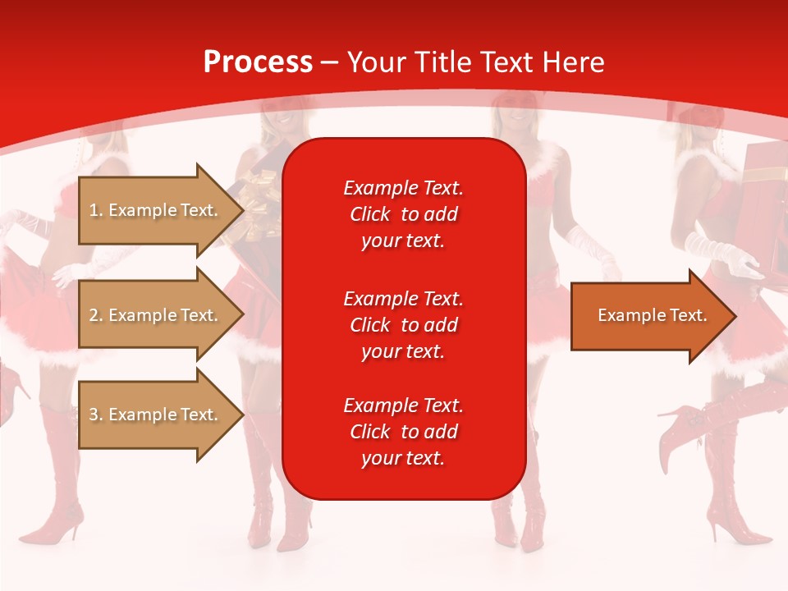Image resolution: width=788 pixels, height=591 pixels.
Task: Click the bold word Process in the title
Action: click(x=258, y=62)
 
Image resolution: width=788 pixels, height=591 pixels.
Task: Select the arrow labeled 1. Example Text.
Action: click(x=156, y=210)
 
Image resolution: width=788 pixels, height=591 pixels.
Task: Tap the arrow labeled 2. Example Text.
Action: click(x=156, y=315)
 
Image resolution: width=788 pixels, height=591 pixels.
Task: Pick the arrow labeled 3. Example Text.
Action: click(x=156, y=415)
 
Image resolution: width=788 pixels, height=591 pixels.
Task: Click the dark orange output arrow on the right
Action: click(x=648, y=316)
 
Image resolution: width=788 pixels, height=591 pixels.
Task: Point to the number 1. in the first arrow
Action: click(x=96, y=210)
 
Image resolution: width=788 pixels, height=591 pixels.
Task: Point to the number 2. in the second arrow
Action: click(x=96, y=315)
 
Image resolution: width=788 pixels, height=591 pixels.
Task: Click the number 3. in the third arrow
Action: click(x=96, y=415)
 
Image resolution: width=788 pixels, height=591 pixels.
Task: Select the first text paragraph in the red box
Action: click(x=403, y=214)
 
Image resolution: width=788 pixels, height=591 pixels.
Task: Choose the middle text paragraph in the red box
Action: click(x=403, y=325)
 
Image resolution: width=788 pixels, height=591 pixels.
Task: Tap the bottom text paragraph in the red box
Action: click(x=403, y=432)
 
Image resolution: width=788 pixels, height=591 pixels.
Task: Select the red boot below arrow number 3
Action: click(x=62, y=484)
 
